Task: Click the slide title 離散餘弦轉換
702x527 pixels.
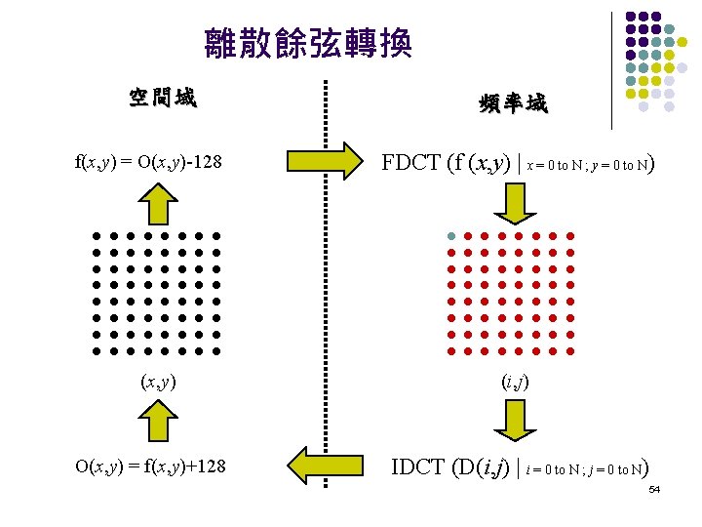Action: [x=308, y=42]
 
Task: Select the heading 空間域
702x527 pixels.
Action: [x=163, y=98]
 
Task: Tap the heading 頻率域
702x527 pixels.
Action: [x=513, y=103]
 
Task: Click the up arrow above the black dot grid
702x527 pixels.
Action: [x=157, y=204]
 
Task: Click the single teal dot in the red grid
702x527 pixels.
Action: [x=450, y=236]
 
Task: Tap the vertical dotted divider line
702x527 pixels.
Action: [x=325, y=293]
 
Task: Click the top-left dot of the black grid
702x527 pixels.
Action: [x=97, y=236]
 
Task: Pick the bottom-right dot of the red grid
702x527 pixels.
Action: [x=569, y=349]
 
